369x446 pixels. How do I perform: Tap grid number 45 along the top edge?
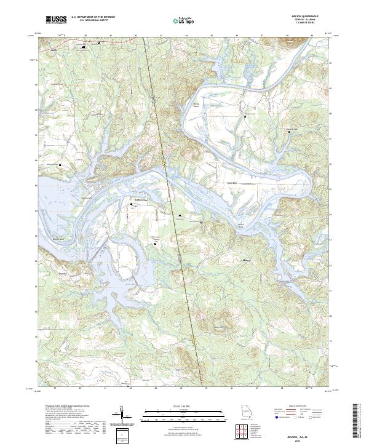(x=212, y=36)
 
